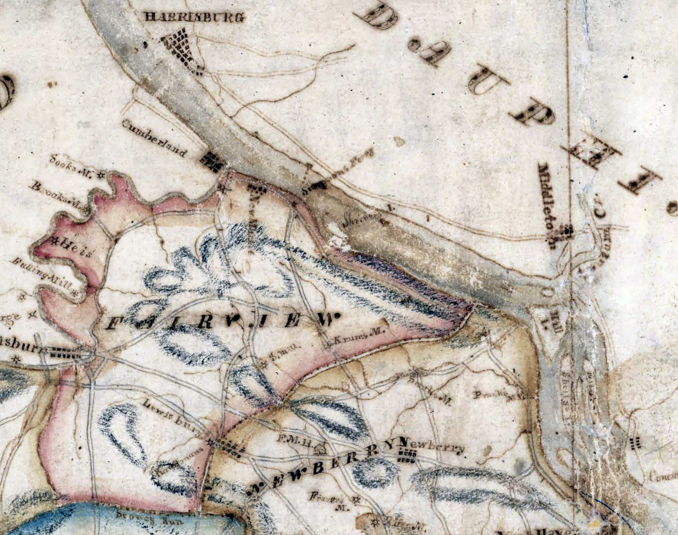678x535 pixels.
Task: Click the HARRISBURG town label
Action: tap(194, 17)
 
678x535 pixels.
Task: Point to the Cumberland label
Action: tap(154, 137)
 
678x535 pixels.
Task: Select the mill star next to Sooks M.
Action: tap(101, 174)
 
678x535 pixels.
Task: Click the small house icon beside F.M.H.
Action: tap(320, 447)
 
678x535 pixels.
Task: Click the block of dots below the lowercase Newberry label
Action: tap(407, 457)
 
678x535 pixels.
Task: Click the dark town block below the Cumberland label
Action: tap(212, 162)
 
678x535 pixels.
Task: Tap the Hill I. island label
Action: tap(556, 321)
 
